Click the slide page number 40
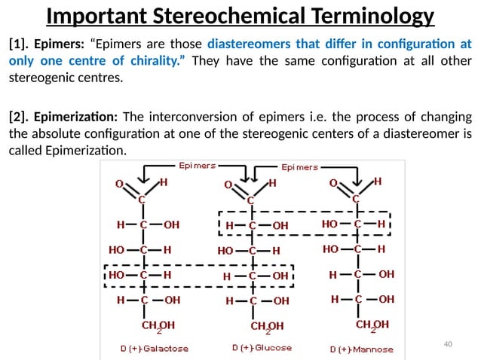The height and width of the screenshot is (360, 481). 449,344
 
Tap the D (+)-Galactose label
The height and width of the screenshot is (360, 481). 155,349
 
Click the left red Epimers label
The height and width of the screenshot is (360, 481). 197,164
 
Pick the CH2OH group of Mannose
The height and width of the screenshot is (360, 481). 372,325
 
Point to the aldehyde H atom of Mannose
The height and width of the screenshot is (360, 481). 378,182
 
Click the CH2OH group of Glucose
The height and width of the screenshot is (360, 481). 267,326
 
